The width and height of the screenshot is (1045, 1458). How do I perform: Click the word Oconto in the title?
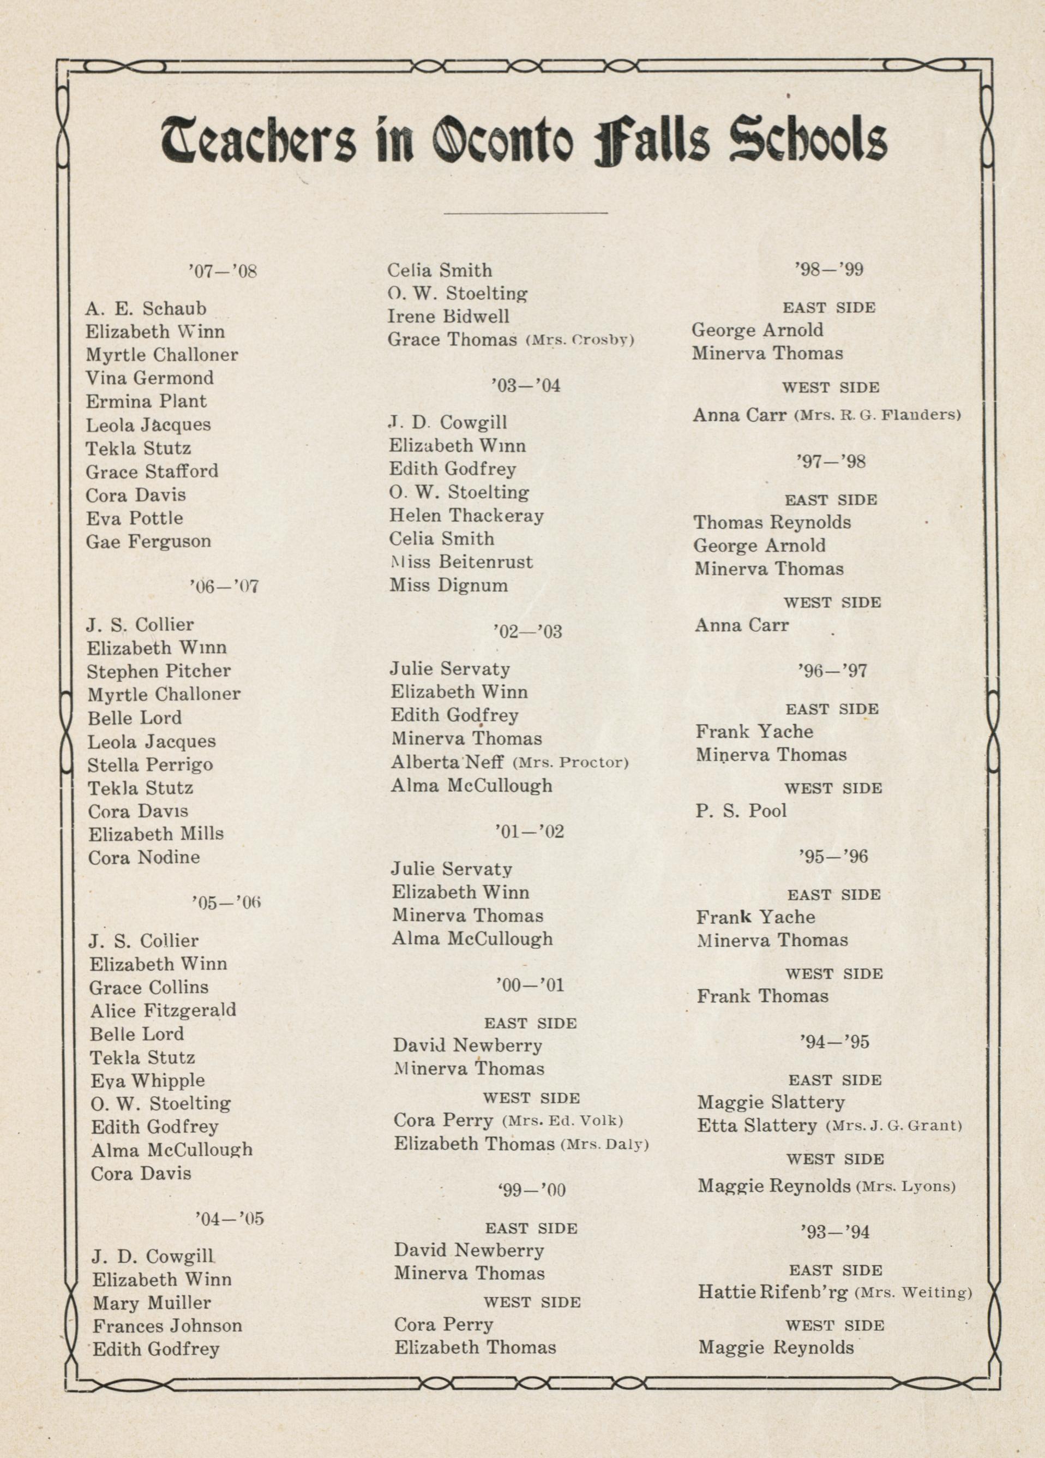(502, 140)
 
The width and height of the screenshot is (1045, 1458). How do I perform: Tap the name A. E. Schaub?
(146, 309)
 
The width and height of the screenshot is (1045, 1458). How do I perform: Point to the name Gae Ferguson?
(148, 541)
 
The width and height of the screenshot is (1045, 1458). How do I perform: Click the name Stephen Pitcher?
(159, 671)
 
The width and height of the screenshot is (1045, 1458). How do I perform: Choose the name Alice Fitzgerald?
(163, 1011)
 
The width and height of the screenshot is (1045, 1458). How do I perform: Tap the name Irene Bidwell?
(448, 316)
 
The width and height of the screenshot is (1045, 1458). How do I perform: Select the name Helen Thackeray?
(466, 516)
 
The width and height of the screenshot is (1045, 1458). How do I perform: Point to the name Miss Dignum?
(448, 585)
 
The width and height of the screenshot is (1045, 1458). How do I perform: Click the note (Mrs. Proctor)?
(570, 762)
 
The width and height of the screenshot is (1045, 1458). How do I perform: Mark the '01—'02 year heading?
(530, 832)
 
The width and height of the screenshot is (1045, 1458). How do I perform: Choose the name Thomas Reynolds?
(772, 523)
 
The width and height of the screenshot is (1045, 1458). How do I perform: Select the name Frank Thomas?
(763, 996)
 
